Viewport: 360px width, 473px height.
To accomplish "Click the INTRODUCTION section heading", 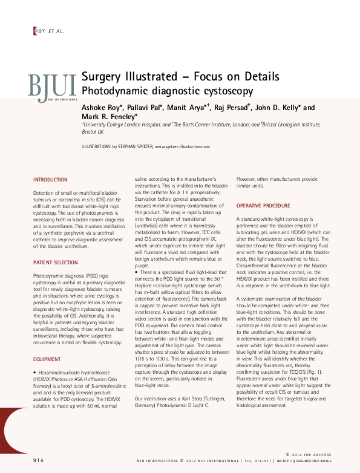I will click(x=50, y=180).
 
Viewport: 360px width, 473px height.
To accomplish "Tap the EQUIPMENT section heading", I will click(x=47, y=359).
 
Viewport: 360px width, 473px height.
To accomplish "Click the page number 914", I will click(x=38, y=460).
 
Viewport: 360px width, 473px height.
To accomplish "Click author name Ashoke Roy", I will click(x=102, y=108).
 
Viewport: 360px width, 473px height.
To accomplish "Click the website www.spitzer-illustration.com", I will click(x=182, y=146).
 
